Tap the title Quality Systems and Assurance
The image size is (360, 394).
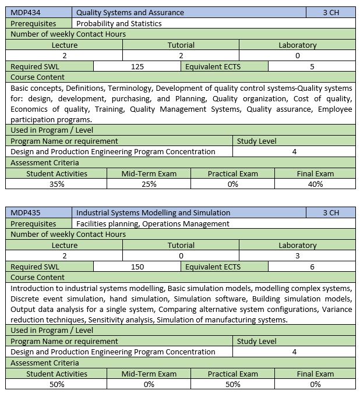[130, 12]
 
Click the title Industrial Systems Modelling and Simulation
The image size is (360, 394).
[153, 212]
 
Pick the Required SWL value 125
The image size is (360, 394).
[137, 66]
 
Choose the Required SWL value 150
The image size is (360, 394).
[137, 267]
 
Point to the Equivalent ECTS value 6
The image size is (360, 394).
[312, 267]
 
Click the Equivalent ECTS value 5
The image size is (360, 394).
[312, 66]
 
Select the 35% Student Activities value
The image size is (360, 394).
[57, 184]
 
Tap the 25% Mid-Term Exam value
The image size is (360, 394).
[149, 184]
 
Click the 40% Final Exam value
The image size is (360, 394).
[316, 184]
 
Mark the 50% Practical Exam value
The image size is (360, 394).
[232, 384]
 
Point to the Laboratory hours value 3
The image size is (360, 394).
[297, 255]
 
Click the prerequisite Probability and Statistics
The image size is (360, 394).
[119, 23]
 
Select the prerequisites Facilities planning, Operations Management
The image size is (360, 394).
[153, 223]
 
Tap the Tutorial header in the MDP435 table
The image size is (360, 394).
[181, 245]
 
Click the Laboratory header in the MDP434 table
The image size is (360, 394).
[297, 45]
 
